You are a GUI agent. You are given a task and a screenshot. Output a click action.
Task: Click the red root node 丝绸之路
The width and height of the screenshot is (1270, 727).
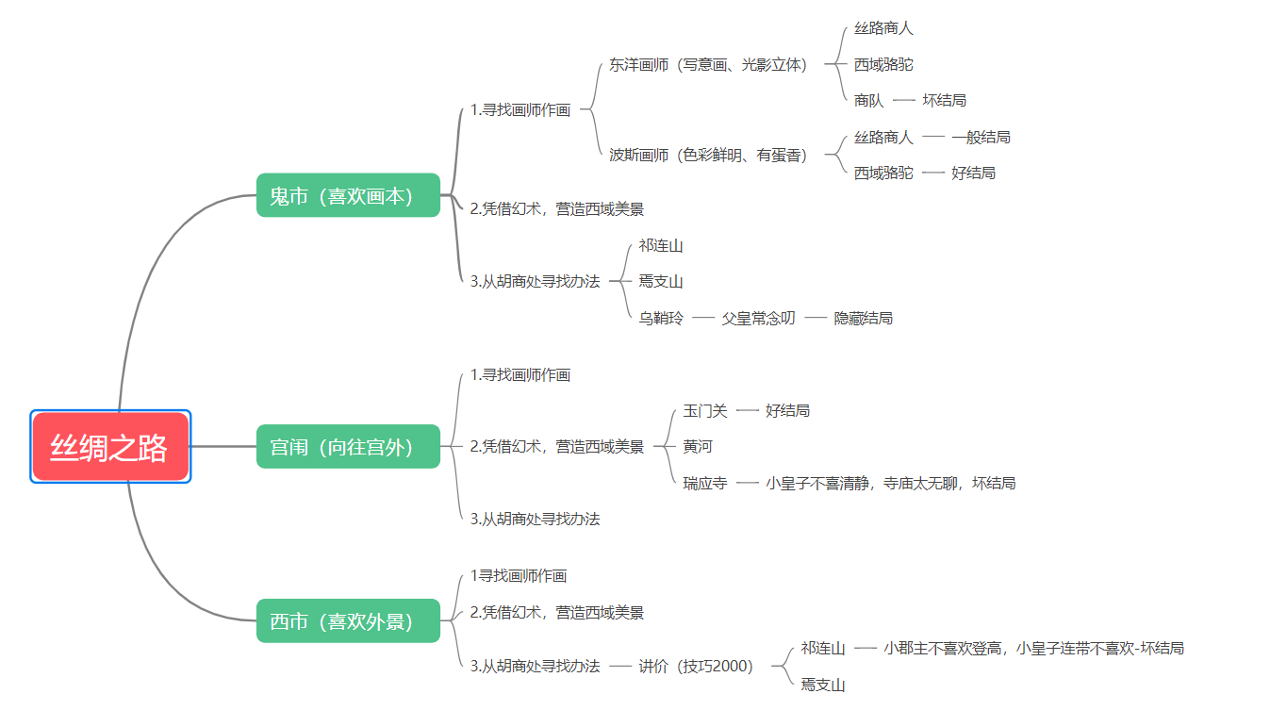[x=109, y=447]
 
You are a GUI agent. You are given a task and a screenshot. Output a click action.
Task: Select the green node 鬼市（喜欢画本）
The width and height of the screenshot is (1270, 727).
[x=348, y=195]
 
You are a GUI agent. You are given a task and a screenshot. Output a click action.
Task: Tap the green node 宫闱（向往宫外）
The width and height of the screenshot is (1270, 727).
[x=348, y=446]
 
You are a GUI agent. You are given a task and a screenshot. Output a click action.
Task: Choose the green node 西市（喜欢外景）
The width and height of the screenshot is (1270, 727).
[x=348, y=620]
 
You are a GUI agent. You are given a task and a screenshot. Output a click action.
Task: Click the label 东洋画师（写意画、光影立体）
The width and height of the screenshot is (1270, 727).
[x=708, y=64]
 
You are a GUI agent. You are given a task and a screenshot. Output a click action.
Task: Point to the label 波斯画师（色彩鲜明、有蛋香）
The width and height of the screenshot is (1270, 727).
[x=708, y=155]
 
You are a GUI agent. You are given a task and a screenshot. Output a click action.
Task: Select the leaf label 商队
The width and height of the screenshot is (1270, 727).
[x=868, y=100]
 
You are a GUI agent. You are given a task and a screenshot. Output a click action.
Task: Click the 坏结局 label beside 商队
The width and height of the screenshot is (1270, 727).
[x=944, y=100]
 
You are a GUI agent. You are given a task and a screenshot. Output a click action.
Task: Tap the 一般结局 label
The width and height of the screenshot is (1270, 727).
[x=981, y=137]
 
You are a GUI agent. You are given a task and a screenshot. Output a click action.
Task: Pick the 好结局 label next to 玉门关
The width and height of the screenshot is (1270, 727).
[x=787, y=410]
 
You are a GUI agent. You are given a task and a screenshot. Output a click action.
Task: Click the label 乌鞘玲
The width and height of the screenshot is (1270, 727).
[x=661, y=318]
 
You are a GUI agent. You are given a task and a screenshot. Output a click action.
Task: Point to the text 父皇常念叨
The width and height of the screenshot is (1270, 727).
[x=758, y=318]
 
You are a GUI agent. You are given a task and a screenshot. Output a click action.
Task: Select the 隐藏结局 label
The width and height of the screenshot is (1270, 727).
[x=863, y=318]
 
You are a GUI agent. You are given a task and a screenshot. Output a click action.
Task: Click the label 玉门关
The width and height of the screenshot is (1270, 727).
[x=705, y=410]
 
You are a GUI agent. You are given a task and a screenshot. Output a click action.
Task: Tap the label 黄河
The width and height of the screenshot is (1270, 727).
[x=698, y=446]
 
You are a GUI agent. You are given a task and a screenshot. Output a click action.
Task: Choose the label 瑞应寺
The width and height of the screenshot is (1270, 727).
[x=705, y=483]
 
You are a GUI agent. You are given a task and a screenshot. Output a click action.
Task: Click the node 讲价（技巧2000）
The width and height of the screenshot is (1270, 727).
[x=696, y=666]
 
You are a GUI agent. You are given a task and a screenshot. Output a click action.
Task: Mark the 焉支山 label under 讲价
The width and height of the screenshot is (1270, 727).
[x=823, y=685]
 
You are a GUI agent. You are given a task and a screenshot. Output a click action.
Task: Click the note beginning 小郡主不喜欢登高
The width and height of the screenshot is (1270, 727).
[x=1033, y=648]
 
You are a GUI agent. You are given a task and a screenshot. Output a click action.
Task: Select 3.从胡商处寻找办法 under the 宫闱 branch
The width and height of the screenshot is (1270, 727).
[x=535, y=519]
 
